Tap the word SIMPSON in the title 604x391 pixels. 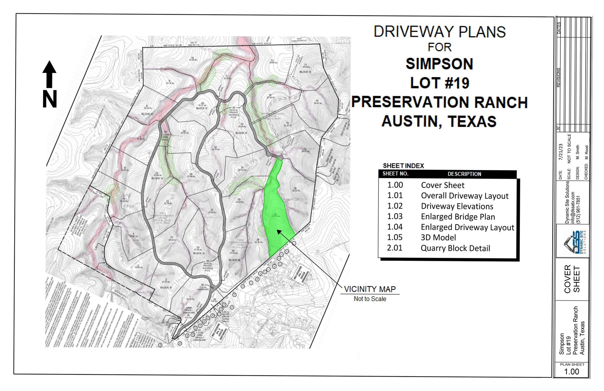(439, 64)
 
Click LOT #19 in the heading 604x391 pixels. (439, 83)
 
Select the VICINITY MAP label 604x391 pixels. (370, 289)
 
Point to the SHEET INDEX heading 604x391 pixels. (403, 166)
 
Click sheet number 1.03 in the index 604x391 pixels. (395, 216)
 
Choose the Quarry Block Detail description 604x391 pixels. (455, 248)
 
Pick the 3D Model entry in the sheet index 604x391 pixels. (438, 238)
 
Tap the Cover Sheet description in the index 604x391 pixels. (442, 185)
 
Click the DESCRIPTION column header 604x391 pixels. (464, 174)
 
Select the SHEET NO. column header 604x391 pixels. (395, 174)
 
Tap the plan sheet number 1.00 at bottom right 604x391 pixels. (572, 372)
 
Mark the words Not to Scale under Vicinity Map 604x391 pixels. (370, 299)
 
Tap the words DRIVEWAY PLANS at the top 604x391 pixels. (439, 32)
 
